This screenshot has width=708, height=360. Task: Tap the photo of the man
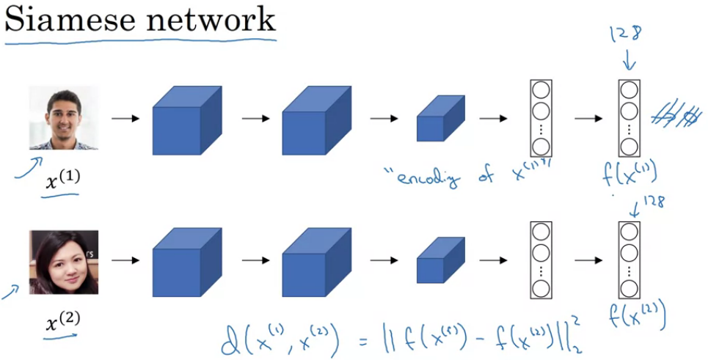pyautogui.click(x=63, y=117)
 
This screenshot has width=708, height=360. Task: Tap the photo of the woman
pyautogui.click(x=63, y=262)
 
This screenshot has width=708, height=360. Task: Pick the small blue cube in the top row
pyautogui.click(x=439, y=119)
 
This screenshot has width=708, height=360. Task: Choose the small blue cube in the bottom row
pyautogui.click(x=439, y=262)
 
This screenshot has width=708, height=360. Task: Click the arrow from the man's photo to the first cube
pyautogui.click(x=125, y=117)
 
